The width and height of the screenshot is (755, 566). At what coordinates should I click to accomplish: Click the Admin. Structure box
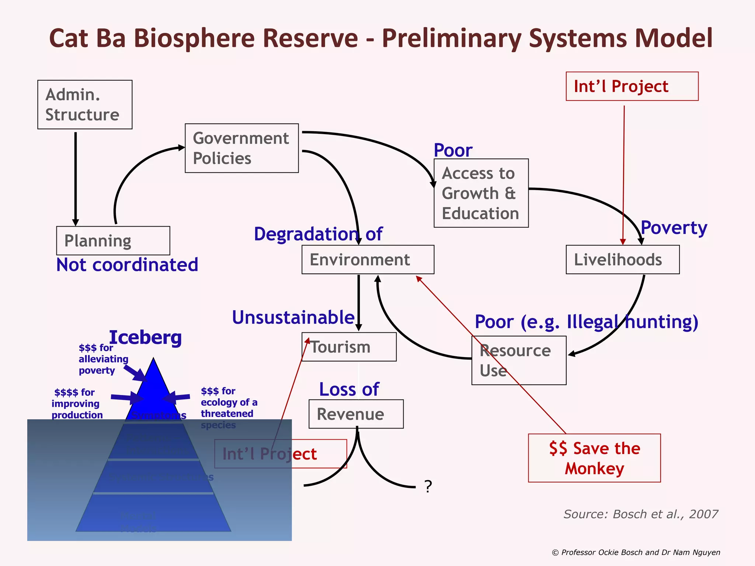[85, 105]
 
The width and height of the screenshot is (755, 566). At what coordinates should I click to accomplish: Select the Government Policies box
[241, 148]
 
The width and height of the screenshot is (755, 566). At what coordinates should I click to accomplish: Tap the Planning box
[113, 241]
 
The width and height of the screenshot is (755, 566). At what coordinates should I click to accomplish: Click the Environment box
[368, 259]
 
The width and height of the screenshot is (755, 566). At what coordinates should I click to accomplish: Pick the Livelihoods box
[622, 259]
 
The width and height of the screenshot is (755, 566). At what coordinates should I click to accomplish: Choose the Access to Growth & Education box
[481, 193]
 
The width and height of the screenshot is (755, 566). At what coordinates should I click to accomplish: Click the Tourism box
[349, 347]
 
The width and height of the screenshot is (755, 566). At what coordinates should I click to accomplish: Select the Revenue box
[356, 414]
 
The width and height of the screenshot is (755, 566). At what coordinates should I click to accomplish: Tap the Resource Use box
[519, 360]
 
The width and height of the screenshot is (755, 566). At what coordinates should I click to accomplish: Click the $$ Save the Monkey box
[594, 458]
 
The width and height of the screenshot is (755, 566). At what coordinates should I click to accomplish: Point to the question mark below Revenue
[428, 487]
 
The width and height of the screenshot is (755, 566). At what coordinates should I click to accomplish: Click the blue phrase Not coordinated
[127, 265]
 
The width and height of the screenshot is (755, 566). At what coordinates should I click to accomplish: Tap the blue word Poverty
[674, 228]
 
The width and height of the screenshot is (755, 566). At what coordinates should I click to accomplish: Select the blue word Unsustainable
[293, 317]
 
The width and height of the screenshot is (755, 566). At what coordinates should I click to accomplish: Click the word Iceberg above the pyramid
[145, 337]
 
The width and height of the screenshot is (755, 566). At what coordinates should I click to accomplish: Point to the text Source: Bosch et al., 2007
[640, 514]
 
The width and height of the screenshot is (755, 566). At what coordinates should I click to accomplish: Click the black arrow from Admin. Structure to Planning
[76, 177]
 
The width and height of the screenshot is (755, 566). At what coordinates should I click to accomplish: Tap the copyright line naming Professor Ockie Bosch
[636, 552]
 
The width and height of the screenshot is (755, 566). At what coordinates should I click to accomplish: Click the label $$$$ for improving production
[77, 403]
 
